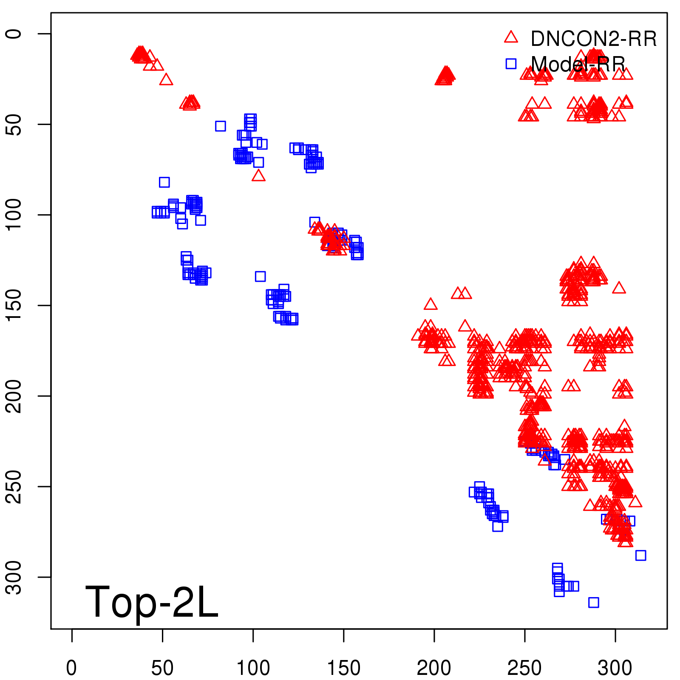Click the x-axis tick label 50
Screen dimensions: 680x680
162,668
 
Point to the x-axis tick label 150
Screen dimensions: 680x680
343,668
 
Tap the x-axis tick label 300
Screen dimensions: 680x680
615,668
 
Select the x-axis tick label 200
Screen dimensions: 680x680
434,668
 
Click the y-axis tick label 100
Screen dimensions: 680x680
14,215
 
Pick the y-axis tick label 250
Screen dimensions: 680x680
14,487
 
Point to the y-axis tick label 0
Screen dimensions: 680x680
14,34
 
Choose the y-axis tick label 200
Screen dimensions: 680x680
14,396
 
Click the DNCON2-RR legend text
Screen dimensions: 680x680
593,39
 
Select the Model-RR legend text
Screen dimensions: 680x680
578,65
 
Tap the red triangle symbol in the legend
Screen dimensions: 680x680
511,37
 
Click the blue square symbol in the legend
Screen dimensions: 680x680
511,64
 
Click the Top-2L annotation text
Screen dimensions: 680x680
152,602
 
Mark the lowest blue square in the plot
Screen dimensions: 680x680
593,602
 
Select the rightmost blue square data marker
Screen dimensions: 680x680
640,555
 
